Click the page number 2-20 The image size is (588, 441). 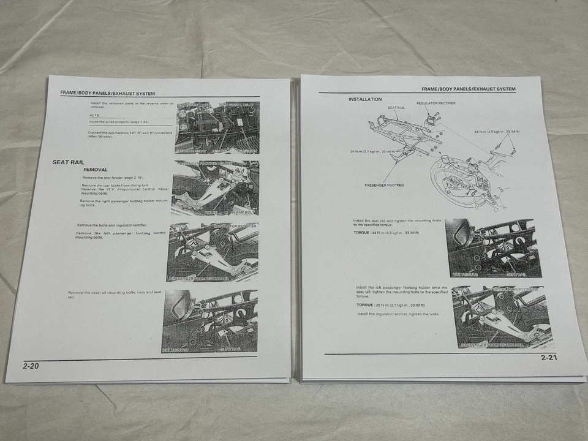[x=31, y=366]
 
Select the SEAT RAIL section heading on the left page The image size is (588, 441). [x=68, y=162]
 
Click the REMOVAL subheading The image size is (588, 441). [x=96, y=169]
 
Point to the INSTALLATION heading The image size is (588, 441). [x=365, y=99]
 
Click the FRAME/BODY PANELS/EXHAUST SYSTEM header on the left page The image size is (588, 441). [x=107, y=93]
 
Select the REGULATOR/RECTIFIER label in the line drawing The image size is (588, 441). [x=436, y=104]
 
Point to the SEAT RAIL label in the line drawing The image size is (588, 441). [x=396, y=108]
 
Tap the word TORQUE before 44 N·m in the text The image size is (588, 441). [x=364, y=233]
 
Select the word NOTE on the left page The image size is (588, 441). [x=94, y=115]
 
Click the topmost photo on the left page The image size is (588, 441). [x=217, y=127]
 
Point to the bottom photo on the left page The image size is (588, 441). [x=209, y=321]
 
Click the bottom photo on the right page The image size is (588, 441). [x=502, y=317]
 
